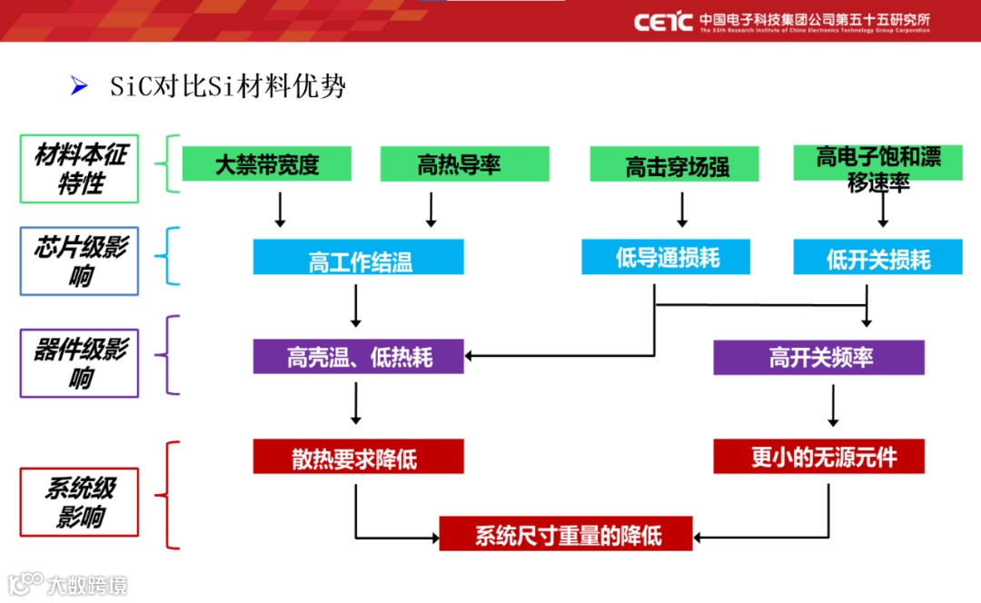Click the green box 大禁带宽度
(267, 164)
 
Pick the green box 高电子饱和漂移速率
(878, 164)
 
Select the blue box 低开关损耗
(878, 258)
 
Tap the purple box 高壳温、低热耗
(358, 357)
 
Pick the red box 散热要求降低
(358, 457)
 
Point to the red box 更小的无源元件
(818, 457)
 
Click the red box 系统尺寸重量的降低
(566, 534)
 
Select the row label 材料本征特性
(80, 169)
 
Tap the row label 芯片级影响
(80, 262)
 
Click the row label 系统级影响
(80, 502)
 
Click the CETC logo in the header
(664, 22)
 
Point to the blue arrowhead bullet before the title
(79, 86)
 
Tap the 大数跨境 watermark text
(87, 584)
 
